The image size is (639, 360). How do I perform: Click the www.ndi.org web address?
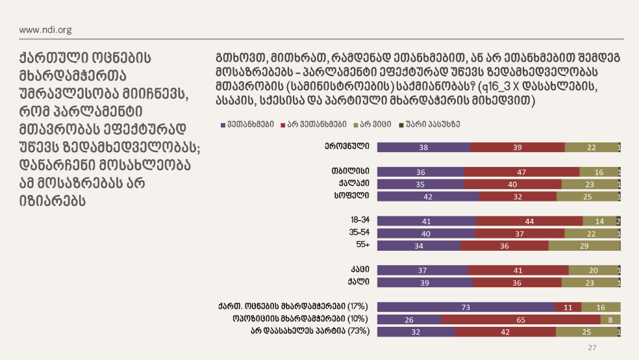[45, 29]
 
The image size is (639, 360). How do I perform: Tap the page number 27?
[592, 348]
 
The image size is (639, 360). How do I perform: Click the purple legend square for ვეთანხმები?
[223, 123]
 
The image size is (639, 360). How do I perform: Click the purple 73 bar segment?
[466, 307]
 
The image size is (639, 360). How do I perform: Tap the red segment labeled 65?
[521, 319]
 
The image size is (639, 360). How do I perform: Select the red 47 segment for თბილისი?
[522, 172]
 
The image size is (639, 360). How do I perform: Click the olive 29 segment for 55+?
[584, 246]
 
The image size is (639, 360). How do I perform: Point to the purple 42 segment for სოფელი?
[428, 196]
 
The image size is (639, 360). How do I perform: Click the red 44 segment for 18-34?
[529, 221]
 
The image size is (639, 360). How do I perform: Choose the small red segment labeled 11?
[568, 307]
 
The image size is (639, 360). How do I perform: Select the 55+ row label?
[362, 246]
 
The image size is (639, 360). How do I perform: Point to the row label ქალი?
[359, 282]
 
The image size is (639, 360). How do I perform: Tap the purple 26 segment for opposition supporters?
[409, 319]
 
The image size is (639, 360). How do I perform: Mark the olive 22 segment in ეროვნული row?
[590, 148]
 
